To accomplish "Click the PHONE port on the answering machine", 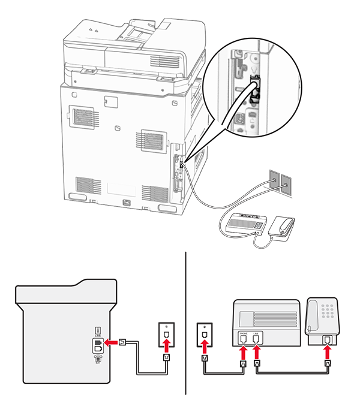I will point(243,339).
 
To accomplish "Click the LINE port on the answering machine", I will point(256,339).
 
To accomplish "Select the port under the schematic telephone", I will point(327,340).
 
